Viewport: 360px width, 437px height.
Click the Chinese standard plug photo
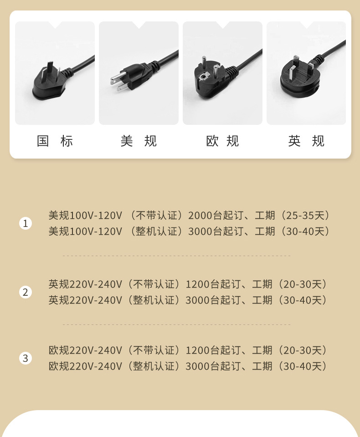click(x=55, y=73)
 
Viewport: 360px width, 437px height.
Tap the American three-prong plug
click(x=139, y=73)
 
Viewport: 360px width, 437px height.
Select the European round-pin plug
click(x=222, y=73)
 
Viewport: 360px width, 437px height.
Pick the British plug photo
click(x=306, y=73)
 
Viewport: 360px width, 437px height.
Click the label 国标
click(x=55, y=141)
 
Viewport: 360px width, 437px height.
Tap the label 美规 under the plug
click(x=139, y=141)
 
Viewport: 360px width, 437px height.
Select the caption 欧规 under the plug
click(x=222, y=141)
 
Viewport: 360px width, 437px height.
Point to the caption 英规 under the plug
click(x=306, y=141)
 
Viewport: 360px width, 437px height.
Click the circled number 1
click(x=26, y=223)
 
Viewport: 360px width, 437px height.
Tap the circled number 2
click(x=26, y=292)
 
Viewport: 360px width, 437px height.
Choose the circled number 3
click(x=26, y=358)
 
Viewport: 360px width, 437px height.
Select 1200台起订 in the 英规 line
click(x=206, y=285)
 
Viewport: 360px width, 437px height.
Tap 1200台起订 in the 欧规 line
click(x=206, y=351)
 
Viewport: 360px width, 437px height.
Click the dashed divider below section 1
click(x=176, y=256)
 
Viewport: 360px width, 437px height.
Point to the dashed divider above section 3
click(x=176, y=325)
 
